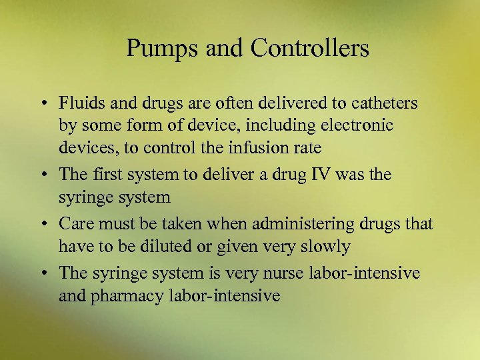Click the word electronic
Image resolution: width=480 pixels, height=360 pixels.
point(359,125)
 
